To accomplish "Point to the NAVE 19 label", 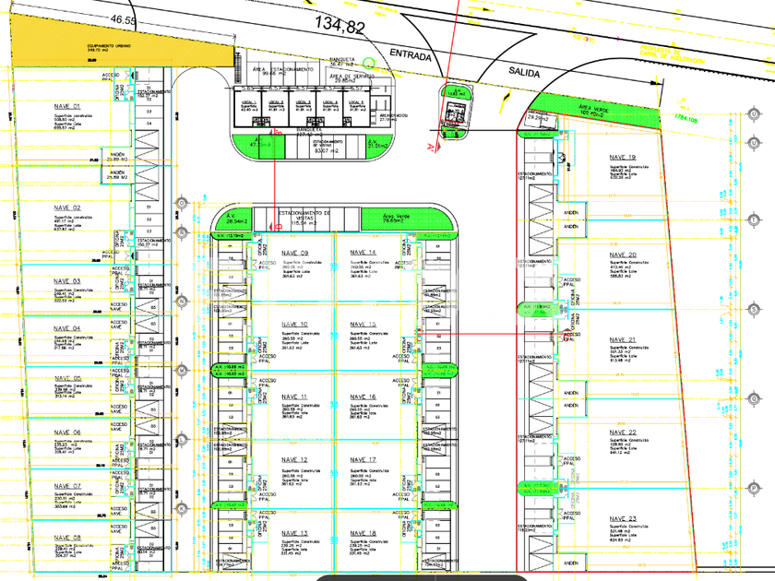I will click(x=622, y=158).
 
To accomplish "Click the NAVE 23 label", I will click(x=622, y=519).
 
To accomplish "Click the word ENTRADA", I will click(x=411, y=55).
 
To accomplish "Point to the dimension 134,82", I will click(x=340, y=26).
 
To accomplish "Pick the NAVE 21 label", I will click(x=622, y=340).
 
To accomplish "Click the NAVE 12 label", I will click(x=295, y=459).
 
